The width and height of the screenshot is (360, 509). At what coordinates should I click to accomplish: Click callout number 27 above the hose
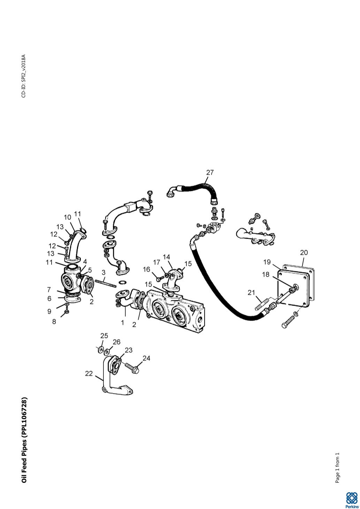[x=210, y=173]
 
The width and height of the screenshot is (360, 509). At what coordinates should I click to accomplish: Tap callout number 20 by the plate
[x=304, y=253]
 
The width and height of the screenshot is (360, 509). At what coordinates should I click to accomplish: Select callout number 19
[x=267, y=262]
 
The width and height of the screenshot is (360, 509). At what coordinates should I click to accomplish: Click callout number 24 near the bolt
[x=146, y=358]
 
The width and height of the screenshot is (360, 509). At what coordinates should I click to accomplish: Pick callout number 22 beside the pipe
[x=89, y=373]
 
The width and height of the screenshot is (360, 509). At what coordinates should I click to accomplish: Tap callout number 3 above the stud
[x=104, y=272]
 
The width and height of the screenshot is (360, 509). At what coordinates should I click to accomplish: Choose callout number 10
[x=68, y=217]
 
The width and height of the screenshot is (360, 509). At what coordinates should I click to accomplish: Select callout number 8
[x=54, y=322]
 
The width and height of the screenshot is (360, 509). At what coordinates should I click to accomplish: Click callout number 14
[x=166, y=257]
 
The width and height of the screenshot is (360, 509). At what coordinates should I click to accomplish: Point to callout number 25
[x=104, y=336]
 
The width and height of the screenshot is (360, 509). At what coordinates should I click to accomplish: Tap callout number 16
[x=147, y=269]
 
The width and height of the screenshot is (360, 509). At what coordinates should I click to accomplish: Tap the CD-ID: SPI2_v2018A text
[x=24, y=76]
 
